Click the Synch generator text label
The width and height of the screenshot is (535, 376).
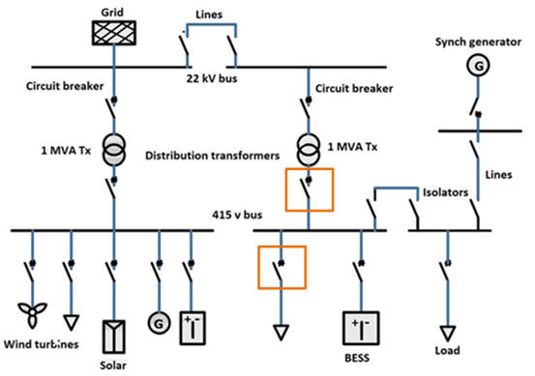pos(472,40)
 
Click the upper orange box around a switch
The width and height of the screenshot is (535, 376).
pos(308,189)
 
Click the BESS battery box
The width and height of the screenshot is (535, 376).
pos(360,330)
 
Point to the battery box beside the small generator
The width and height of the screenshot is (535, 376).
pos(193,329)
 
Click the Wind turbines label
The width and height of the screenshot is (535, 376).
pos(40,344)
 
